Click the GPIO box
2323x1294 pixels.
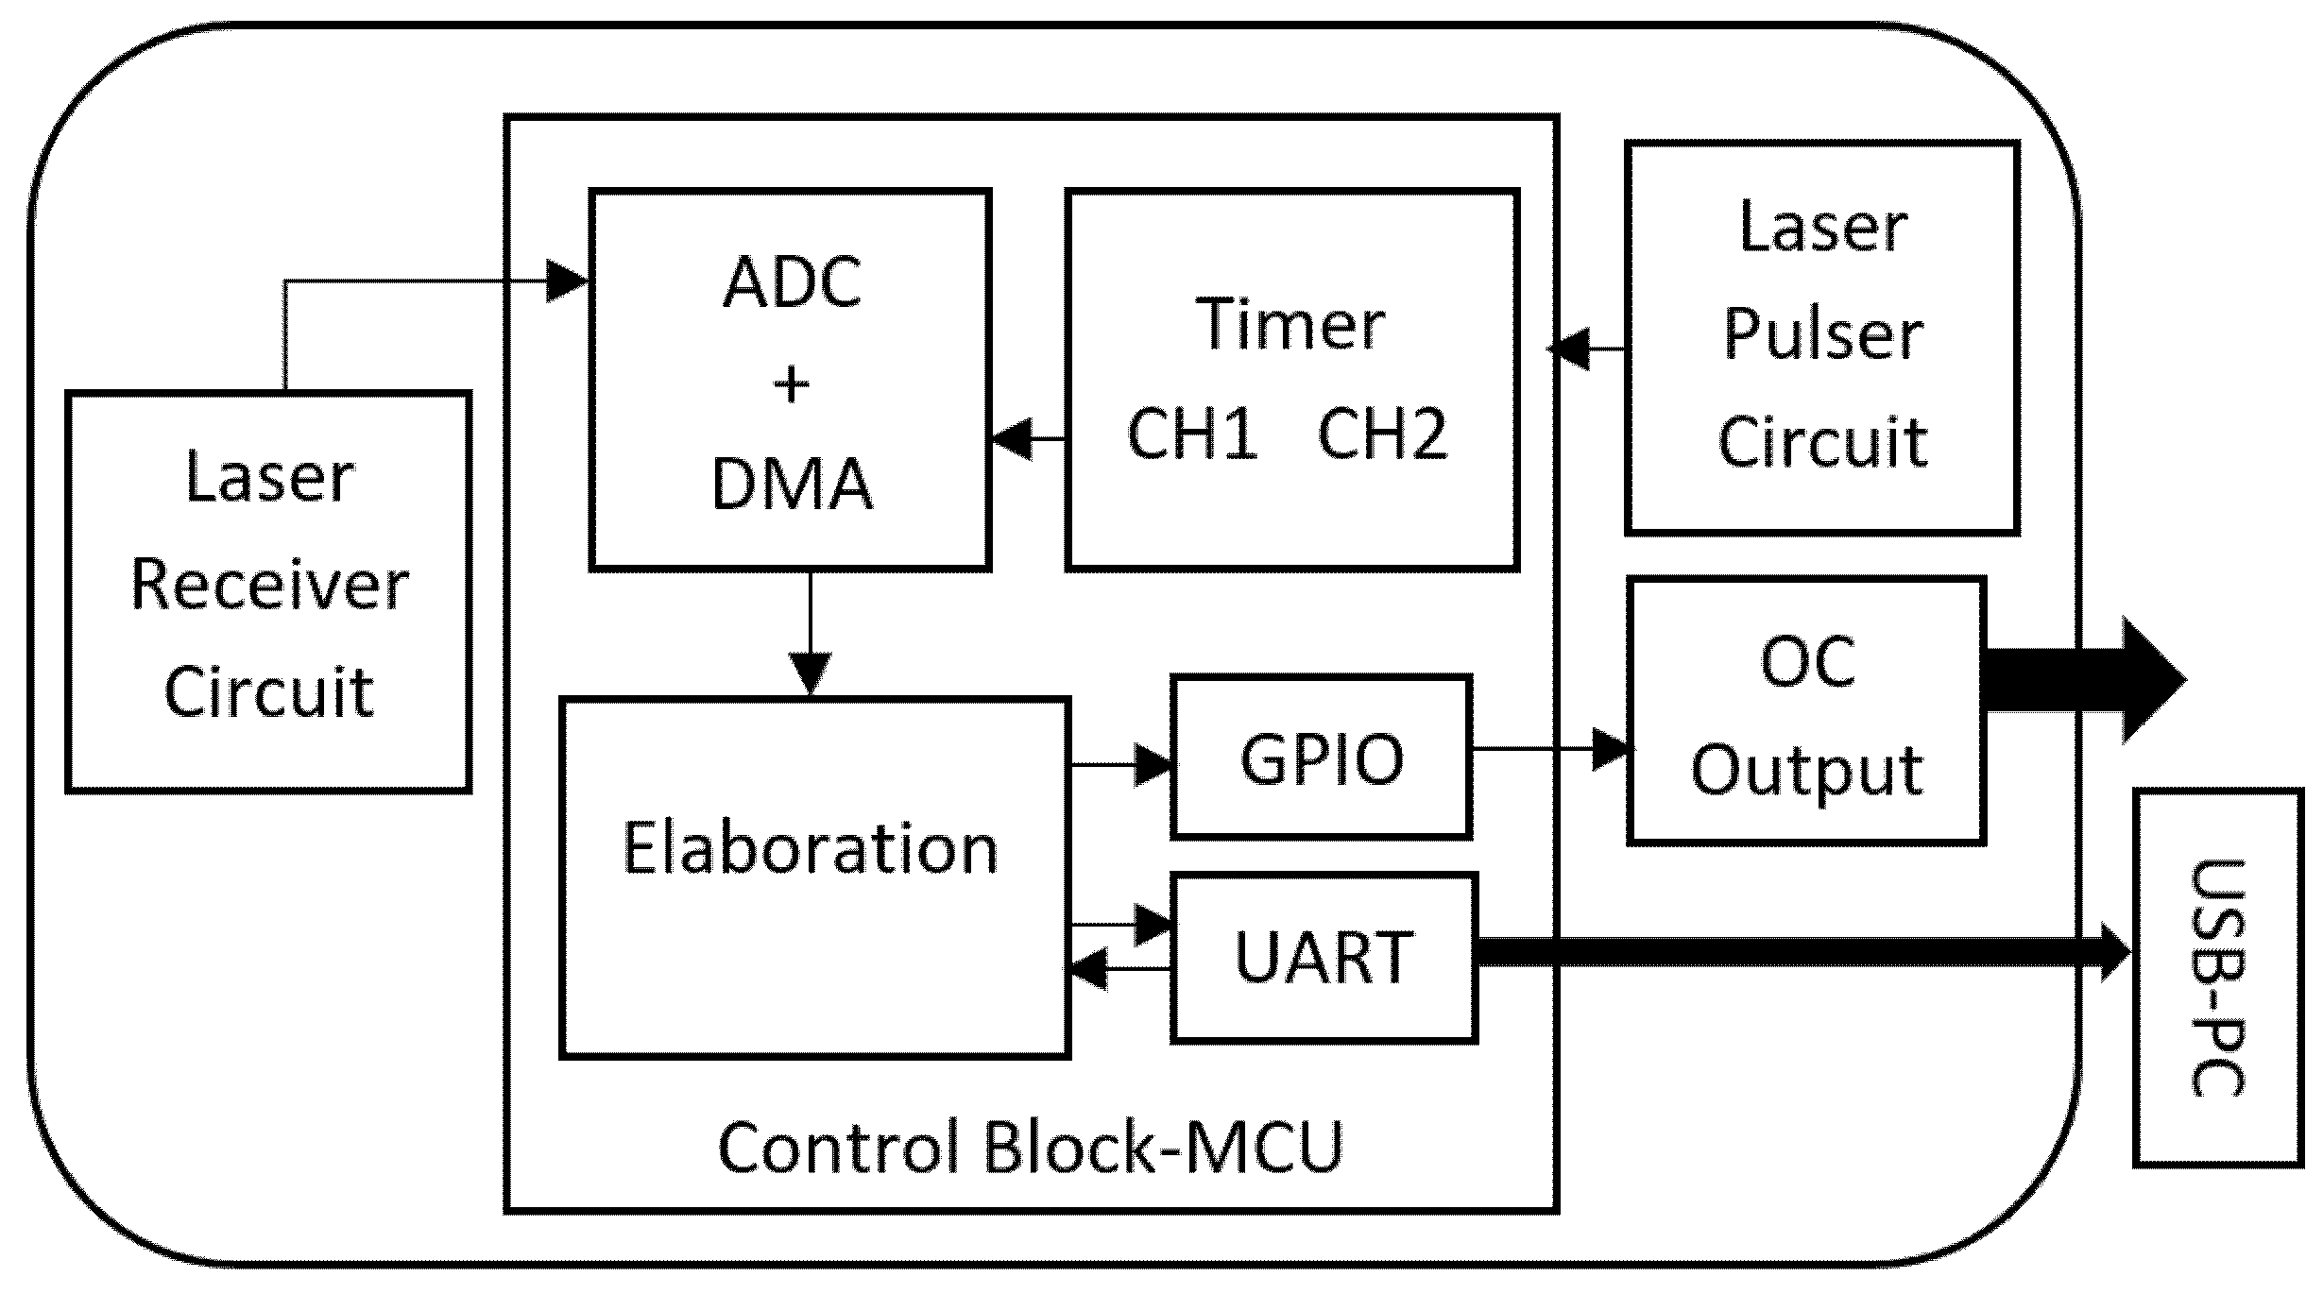click(1321, 758)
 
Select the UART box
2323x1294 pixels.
click(1323, 958)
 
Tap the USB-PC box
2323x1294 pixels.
click(2216, 977)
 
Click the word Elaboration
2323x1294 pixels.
click(810, 848)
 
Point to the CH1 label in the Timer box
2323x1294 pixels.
click(1192, 434)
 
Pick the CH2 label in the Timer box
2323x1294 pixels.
click(1381, 434)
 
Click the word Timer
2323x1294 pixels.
click(1290, 325)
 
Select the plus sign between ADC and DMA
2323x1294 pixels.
click(792, 384)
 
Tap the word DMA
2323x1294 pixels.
click(792, 485)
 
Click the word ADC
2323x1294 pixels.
click(792, 281)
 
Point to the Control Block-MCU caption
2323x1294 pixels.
click(1030, 1148)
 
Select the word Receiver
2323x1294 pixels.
click(269, 586)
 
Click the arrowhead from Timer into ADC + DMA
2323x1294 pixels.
click(1011, 439)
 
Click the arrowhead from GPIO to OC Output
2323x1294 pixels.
click(1612, 750)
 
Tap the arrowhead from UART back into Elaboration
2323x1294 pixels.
click(1088, 969)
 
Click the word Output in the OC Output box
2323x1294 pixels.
click(1806, 771)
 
